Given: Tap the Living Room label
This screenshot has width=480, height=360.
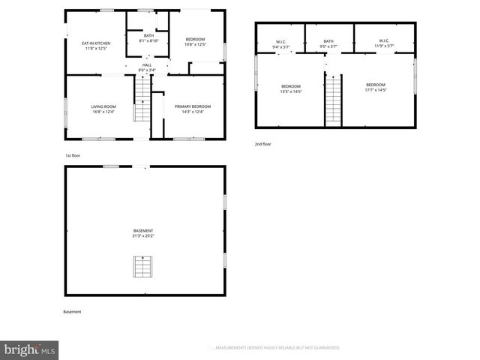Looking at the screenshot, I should point(103,109).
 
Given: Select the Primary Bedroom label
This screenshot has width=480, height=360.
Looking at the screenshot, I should point(193,109).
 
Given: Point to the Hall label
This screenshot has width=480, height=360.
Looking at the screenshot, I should point(147,67).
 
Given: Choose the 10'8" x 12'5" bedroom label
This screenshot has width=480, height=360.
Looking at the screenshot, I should point(195,42).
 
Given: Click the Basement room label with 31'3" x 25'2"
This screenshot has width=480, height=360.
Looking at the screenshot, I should point(143,232).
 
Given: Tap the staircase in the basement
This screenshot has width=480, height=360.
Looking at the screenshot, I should point(142,266).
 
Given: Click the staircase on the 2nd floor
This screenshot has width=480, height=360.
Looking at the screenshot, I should point(333,100).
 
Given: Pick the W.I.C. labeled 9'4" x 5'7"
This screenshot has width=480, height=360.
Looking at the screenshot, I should point(280,43).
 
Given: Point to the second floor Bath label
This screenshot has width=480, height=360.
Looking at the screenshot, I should point(328,43).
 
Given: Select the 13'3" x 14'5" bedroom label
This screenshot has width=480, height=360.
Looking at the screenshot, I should point(290,88).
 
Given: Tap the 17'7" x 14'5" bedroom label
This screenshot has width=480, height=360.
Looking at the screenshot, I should point(376,87).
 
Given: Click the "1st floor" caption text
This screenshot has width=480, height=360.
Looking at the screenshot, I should point(72,155).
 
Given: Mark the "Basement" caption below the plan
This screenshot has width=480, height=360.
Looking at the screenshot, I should point(73,311).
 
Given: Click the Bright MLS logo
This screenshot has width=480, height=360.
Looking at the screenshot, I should point(30,349).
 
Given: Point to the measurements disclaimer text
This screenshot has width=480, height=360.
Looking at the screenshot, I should point(277,348).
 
